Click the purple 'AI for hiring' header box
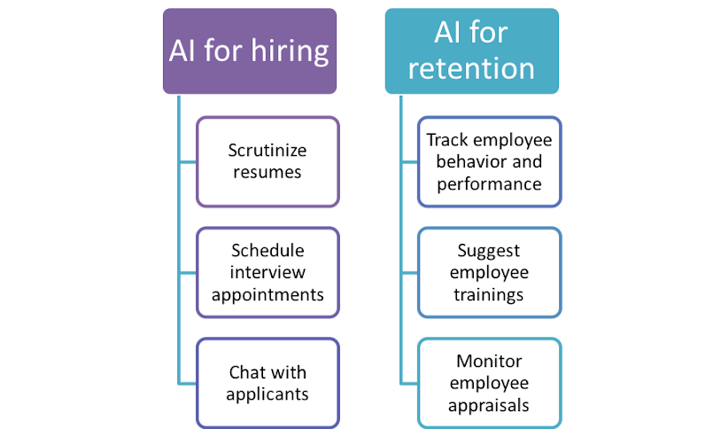(249, 51)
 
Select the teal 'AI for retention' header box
(471, 51)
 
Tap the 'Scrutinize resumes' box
(267, 161)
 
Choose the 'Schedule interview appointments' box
(267, 270)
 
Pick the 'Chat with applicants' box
(267, 382)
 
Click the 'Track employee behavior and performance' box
(489, 162)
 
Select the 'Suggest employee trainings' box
(489, 272)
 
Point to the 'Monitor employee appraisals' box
(489, 383)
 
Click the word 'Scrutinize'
(267, 150)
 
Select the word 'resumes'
(267, 172)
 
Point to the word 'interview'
(267, 270)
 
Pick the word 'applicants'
(267, 394)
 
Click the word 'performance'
(489, 184)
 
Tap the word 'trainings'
(489, 293)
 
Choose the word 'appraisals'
(489, 405)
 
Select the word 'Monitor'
(489, 362)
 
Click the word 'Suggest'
(489, 251)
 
